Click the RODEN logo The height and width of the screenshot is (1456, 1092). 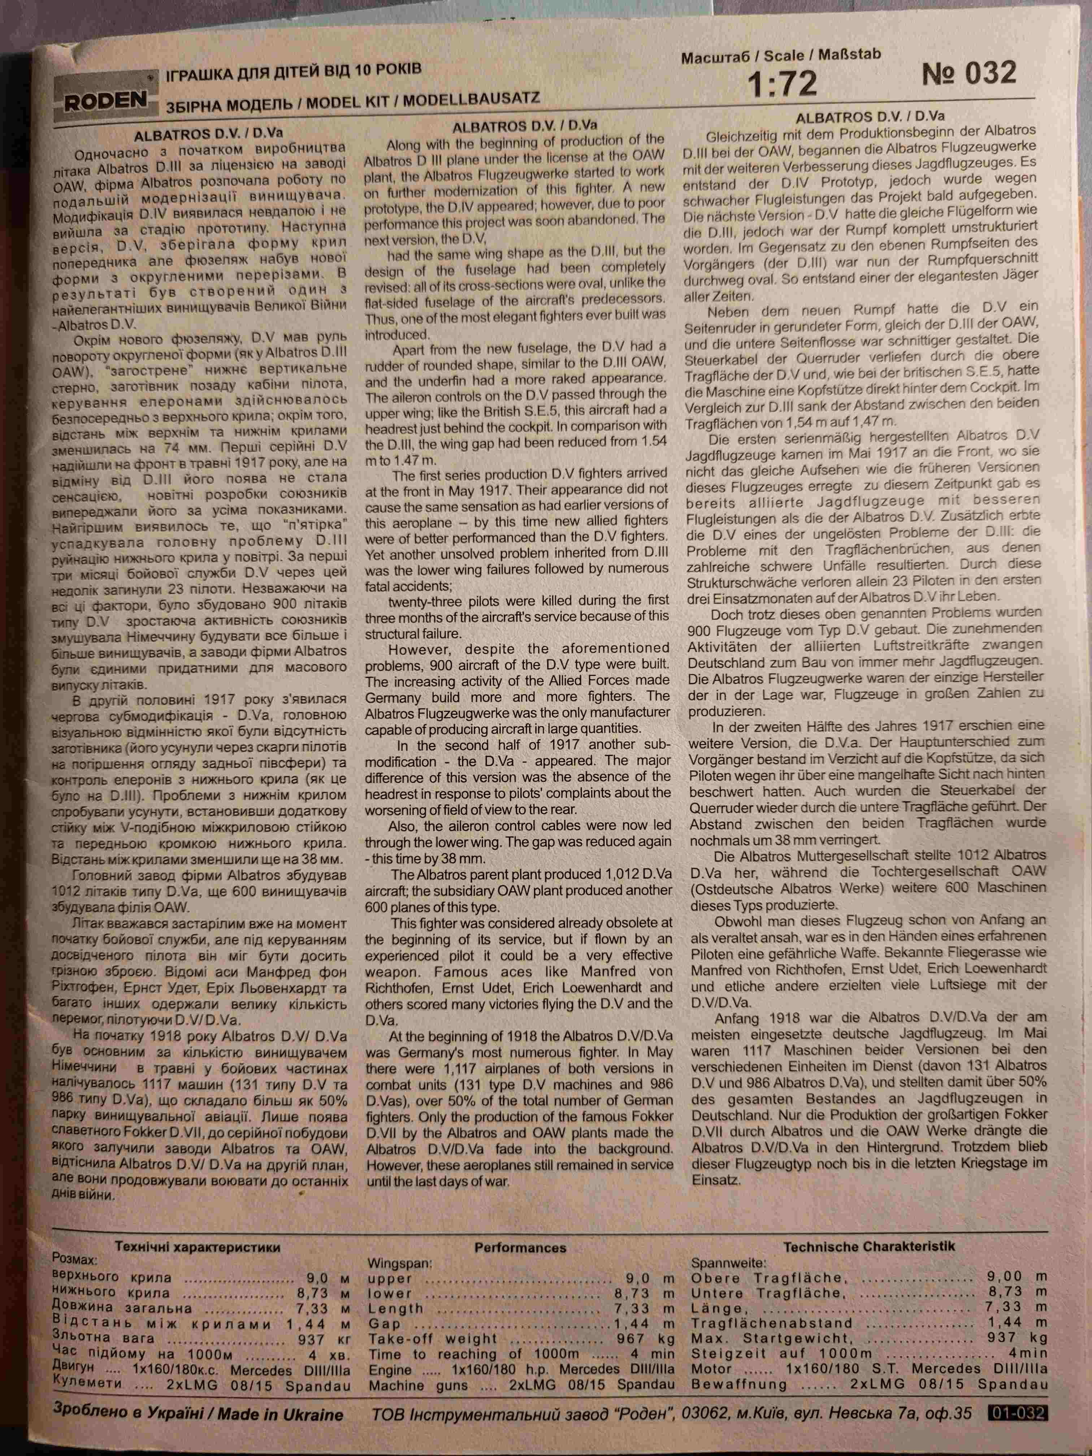[x=106, y=99]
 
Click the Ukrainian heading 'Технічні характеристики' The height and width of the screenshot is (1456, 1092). [x=198, y=1247]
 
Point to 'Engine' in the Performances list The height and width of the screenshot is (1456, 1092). [x=390, y=1369]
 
